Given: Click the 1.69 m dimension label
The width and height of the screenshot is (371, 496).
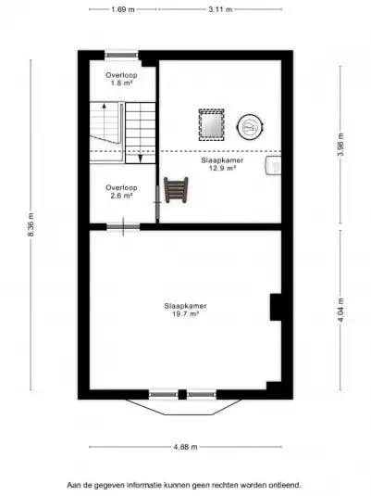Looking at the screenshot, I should coord(123,9).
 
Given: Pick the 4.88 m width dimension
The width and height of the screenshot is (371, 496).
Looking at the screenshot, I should coord(186,448).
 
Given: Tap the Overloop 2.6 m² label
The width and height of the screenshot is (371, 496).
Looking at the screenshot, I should coord(119,192).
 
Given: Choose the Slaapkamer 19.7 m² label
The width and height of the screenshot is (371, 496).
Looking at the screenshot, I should coord(185,310).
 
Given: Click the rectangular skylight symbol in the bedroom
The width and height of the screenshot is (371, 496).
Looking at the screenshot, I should coord(211,123).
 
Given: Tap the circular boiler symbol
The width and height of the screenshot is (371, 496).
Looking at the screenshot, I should coord(250,124).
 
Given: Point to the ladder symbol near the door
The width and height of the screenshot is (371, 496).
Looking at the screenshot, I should coord(176,190).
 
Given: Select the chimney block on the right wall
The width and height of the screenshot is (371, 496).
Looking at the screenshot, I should coord(275,307).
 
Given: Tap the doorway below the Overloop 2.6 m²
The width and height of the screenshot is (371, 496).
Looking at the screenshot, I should coord(123,226).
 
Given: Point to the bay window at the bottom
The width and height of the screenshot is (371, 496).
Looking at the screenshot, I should coord(184,401).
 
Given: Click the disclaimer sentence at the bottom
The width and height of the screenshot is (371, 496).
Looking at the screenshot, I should coord(183,484).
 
